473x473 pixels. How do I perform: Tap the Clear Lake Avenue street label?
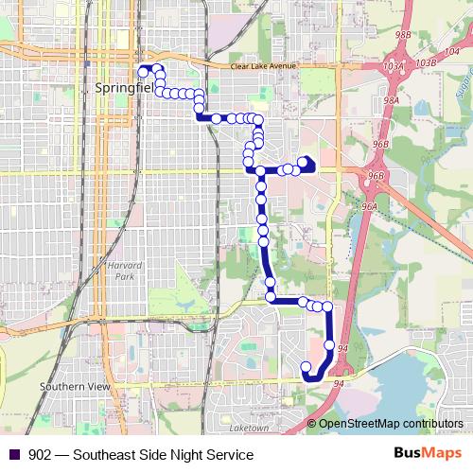tap(264, 66)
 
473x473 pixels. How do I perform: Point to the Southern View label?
tap(75, 387)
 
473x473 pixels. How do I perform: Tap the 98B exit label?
tap(403, 34)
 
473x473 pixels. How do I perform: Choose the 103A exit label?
tap(394, 67)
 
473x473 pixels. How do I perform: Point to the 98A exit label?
tap(392, 99)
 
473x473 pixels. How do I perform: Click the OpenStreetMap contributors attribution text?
tap(390, 424)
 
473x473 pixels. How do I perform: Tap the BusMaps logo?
tap(421, 454)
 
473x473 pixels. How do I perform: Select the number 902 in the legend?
tap(41, 455)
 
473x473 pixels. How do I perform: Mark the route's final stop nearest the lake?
tap(305, 367)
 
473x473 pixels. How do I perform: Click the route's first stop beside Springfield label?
tap(143, 71)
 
